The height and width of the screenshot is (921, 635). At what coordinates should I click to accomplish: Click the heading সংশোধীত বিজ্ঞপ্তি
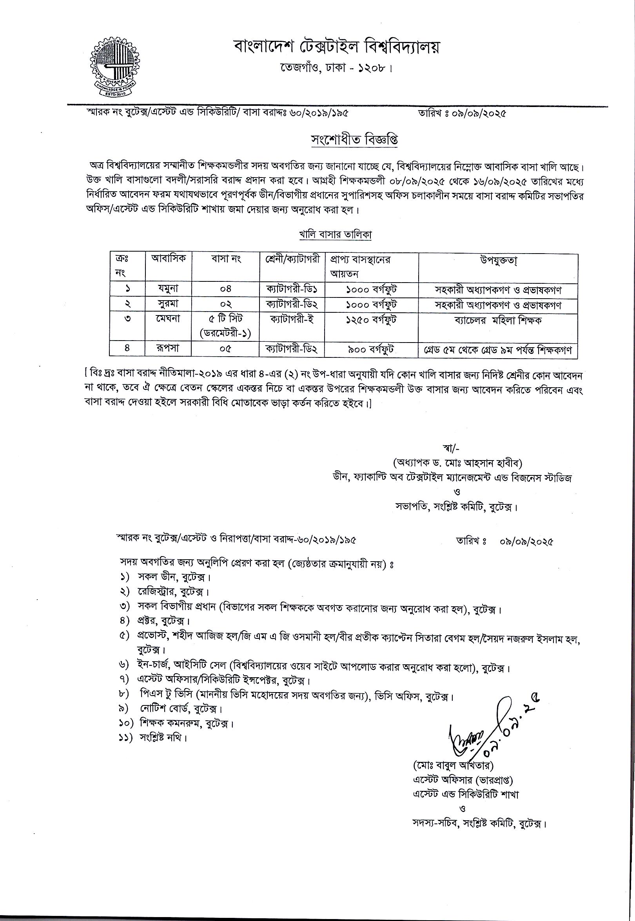coord(354,140)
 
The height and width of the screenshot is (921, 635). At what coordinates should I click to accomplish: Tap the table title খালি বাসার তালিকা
coord(335,235)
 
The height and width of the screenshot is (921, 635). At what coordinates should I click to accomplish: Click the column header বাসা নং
coord(226,259)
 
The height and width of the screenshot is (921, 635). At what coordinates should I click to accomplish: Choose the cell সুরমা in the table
coord(169,304)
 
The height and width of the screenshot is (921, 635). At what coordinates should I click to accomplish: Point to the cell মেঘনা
coord(169,319)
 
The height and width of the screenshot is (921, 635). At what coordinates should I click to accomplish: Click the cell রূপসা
coord(169,348)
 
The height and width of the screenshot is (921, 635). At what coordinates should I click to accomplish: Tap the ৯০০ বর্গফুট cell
coord(372,349)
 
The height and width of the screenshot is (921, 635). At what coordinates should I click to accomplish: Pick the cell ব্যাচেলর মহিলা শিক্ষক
coord(498,320)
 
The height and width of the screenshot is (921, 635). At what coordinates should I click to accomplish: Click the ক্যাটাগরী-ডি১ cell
coord(292,289)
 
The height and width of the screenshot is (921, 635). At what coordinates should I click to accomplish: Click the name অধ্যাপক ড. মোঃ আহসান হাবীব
coord(457,463)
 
